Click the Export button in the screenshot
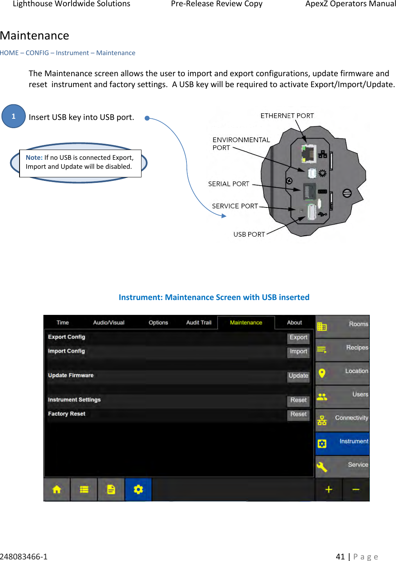pyautogui.click(x=298, y=338)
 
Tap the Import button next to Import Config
pyautogui.click(x=298, y=352)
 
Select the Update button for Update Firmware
pyautogui.click(x=298, y=376)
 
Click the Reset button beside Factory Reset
pyautogui.click(x=298, y=414)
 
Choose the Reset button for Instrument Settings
pyautogui.click(x=298, y=400)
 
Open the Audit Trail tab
pyautogui.click(x=199, y=323)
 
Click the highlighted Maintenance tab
pyautogui.click(x=246, y=323)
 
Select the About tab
pyautogui.click(x=294, y=323)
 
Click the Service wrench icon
pyautogui.click(x=322, y=466)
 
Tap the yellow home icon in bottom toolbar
pyautogui.click(x=57, y=490)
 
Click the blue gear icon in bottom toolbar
pyautogui.click(x=138, y=490)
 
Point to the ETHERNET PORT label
pyautogui.click(x=287, y=116)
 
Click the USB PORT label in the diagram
pyautogui.click(x=249, y=234)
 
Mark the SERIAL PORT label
pyautogui.click(x=229, y=184)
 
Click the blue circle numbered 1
pyautogui.click(x=13, y=116)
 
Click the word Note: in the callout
pyautogui.click(x=34, y=157)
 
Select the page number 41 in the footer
pyautogui.click(x=340, y=556)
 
